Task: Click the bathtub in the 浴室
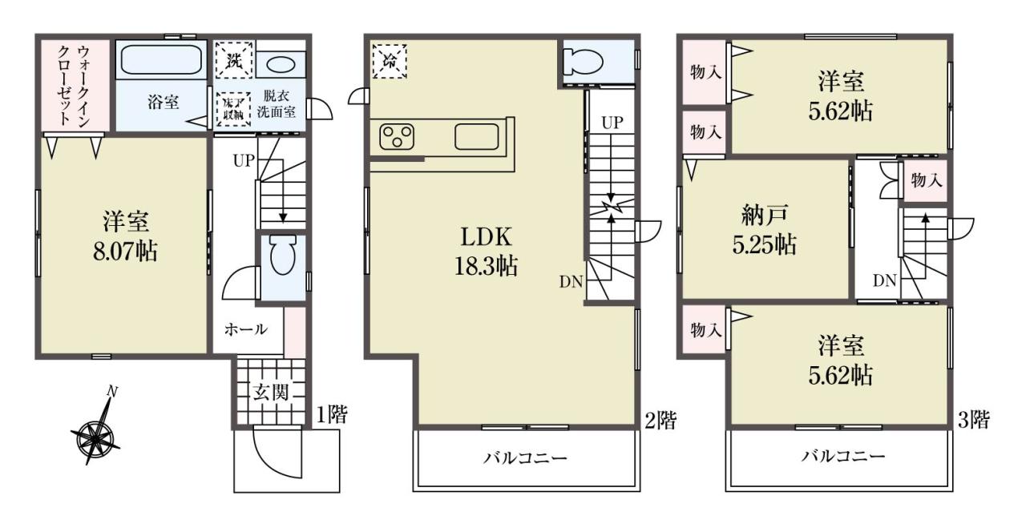(162, 59)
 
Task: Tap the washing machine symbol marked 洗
(234, 60)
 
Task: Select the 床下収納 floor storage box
(233, 110)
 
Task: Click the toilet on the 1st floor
(283, 255)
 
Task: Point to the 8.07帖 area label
(126, 252)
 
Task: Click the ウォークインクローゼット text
(73, 85)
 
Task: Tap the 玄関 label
(271, 393)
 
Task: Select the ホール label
(245, 329)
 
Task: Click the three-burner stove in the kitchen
(397, 137)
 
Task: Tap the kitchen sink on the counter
(476, 137)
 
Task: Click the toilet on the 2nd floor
(583, 62)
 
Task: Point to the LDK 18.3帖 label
(486, 252)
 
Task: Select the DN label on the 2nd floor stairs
(572, 282)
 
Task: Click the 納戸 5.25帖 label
(764, 229)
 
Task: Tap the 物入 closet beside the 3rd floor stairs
(926, 180)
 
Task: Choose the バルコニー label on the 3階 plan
(842, 456)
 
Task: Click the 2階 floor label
(660, 421)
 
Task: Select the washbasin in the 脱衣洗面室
(281, 65)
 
